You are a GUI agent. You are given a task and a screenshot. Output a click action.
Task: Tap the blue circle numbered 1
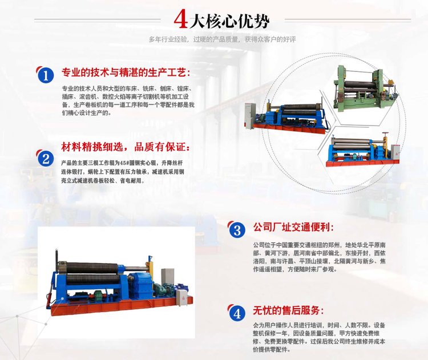tap(46, 75)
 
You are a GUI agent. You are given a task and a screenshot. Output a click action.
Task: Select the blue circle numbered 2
tap(46, 159)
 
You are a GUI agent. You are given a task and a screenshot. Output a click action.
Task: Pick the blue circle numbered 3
tap(237, 230)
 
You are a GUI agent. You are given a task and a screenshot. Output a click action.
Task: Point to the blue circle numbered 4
tap(237, 313)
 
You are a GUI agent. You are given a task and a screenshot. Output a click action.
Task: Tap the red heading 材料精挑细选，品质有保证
tap(125, 147)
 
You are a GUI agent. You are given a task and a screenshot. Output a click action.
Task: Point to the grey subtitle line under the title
tap(222, 39)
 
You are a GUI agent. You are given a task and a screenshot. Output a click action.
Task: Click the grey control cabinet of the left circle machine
tap(249, 115)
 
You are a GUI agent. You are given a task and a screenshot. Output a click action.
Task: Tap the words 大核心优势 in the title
tap(229, 21)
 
